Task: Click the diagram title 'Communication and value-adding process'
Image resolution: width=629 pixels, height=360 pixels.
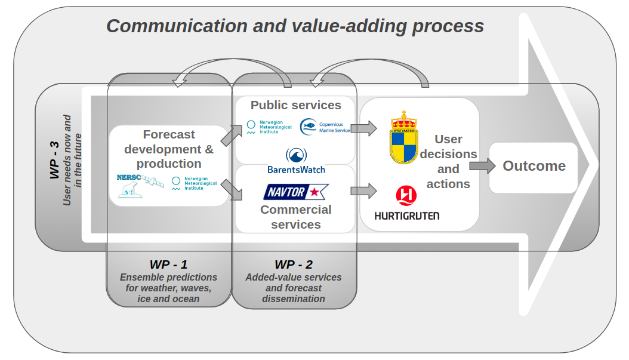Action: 295,26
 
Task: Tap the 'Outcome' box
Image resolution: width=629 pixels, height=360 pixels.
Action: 534,166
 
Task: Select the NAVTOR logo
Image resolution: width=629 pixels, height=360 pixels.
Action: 296,192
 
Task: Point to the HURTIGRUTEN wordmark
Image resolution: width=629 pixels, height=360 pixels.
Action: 406,215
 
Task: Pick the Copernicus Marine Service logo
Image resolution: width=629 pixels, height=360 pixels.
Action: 325,127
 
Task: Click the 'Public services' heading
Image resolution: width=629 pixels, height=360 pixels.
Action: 295,105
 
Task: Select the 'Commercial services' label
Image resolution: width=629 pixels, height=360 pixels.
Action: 295,217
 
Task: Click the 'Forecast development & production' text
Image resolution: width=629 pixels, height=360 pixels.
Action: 169,149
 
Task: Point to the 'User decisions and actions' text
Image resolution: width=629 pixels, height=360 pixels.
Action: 448,161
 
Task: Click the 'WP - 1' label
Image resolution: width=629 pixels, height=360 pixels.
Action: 168,264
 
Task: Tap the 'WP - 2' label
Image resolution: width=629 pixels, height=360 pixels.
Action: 294,264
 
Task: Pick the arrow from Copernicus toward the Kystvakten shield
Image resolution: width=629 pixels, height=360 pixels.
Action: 363,127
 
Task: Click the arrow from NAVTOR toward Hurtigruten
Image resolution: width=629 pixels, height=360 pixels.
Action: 363,191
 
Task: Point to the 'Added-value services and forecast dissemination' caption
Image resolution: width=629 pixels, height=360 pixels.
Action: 294,288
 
